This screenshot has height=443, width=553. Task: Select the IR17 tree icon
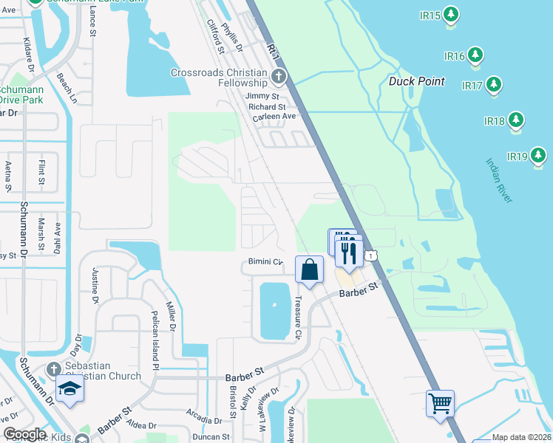coord(494,86)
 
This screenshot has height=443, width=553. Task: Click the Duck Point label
coord(417,81)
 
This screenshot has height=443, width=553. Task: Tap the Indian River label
coord(500,180)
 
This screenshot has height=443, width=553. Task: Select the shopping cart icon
coord(440,403)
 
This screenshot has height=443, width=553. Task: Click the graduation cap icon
coord(69,388)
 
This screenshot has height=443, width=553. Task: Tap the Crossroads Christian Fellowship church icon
coord(278,75)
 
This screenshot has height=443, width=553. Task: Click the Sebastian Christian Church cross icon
coord(53,368)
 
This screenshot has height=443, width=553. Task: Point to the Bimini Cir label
coord(265,262)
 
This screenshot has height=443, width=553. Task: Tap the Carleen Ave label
coord(274,117)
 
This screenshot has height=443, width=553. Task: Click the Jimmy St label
coord(262,96)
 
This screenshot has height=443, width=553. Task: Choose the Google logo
coord(24,434)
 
